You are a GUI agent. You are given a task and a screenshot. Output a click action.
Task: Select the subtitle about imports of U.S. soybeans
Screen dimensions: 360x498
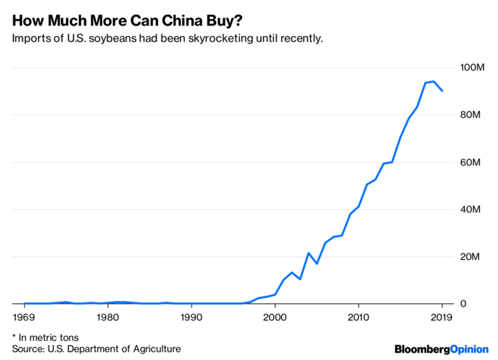click(x=168, y=37)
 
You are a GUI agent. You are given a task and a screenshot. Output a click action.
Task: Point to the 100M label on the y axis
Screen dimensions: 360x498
click(x=472, y=68)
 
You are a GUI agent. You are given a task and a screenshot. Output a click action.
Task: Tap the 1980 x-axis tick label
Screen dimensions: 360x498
click(x=107, y=317)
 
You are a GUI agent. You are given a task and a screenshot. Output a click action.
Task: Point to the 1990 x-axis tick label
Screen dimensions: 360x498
click(x=191, y=317)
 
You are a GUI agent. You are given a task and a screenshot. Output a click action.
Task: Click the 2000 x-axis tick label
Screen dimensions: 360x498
click(x=275, y=317)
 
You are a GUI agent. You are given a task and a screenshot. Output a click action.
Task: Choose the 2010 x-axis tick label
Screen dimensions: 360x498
click(x=358, y=317)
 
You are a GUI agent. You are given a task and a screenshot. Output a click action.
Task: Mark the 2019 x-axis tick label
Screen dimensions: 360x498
click(x=442, y=317)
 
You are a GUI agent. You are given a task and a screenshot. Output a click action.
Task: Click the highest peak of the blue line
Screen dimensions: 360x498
click(x=433, y=81)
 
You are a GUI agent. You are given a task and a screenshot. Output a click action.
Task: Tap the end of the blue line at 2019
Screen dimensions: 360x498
click(x=442, y=91)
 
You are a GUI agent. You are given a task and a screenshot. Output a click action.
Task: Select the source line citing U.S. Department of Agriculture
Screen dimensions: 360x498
click(x=96, y=349)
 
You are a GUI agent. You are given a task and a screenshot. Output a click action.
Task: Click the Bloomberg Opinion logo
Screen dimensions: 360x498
click(x=441, y=349)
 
